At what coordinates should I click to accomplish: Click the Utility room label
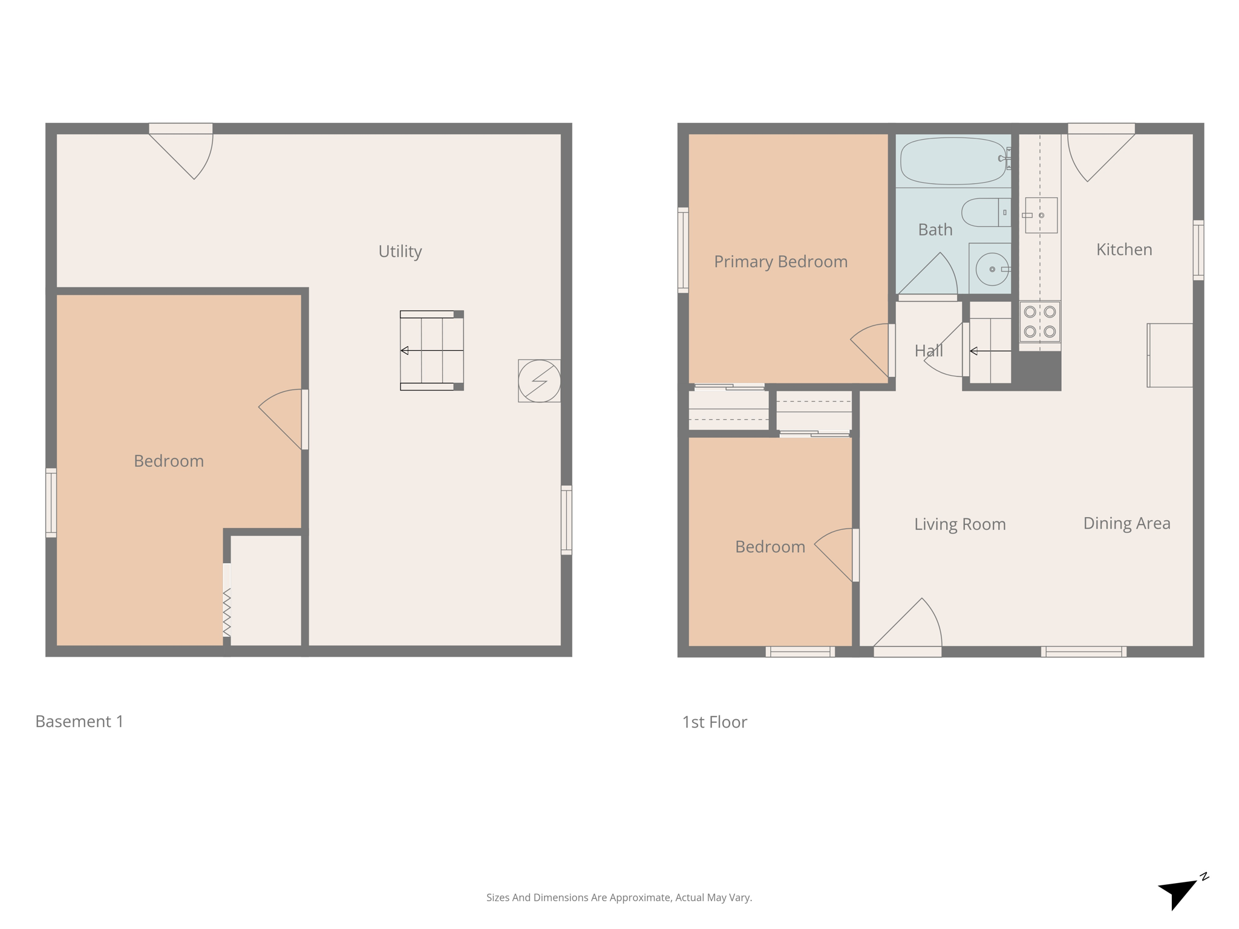click(x=400, y=251)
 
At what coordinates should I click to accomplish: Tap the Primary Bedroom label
click(x=780, y=261)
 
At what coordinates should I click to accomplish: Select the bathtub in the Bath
click(x=953, y=161)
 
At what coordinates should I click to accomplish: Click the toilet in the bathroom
click(x=985, y=212)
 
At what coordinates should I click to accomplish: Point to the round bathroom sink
click(x=992, y=269)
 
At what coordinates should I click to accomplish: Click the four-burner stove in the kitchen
click(x=1039, y=321)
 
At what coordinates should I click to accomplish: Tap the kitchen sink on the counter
click(x=1041, y=215)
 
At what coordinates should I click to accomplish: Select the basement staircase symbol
click(x=431, y=350)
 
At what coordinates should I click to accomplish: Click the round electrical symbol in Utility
click(x=539, y=381)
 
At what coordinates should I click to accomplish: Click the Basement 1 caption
click(x=79, y=721)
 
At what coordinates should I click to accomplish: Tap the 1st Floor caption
click(x=714, y=722)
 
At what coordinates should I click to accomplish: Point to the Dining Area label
click(x=1126, y=523)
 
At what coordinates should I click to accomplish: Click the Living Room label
click(x=959, y=524)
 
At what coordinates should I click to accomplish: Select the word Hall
click(x=929, y=351)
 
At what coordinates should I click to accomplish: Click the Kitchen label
click(x=1124, y=249)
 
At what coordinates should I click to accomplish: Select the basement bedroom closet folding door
click(x=227, y=611)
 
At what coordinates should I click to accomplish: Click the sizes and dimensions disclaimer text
click(x=619, y=898)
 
